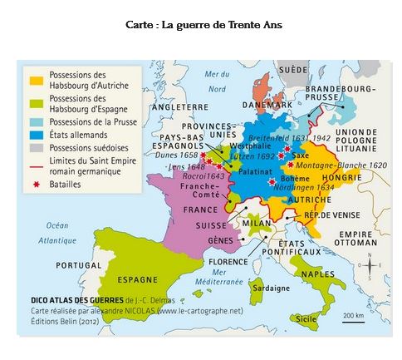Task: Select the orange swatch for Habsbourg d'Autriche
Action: [x=36, y=80]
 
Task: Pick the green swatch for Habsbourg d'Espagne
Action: [x=36, y=104]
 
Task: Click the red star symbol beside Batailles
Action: [x=36, y=184]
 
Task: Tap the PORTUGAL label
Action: [x=78, y=265]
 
